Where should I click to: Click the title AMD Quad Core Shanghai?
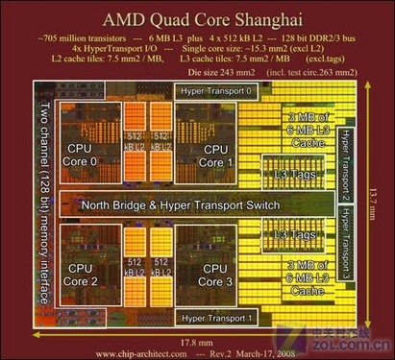tap(197, 18)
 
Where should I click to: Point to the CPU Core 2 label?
tap(83, 276)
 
